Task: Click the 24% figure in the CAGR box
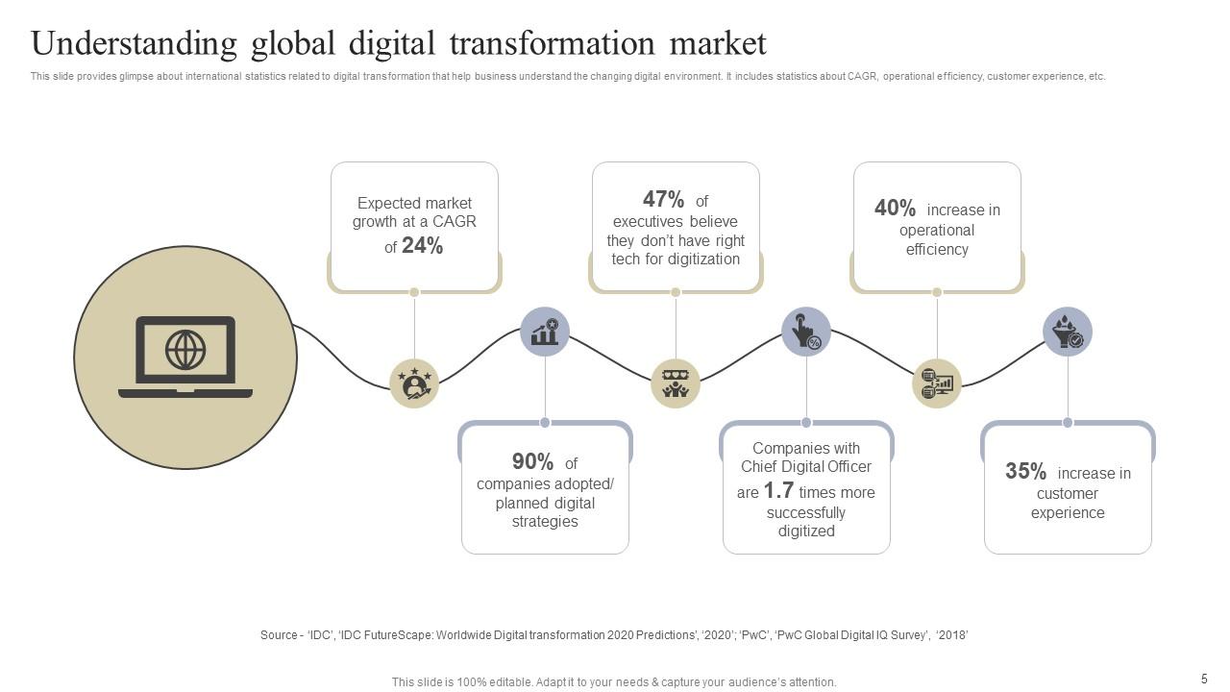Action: point(422,246)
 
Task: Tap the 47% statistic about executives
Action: point(663,200)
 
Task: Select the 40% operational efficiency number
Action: point(895,209)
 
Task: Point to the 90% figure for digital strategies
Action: point(532,462)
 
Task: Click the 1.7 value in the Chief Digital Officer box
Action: point(778,491)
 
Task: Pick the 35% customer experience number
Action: point(1025,472)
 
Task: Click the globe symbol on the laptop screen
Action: point(185,350)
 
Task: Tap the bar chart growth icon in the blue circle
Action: point(545,332)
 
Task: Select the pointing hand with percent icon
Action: point(805,332)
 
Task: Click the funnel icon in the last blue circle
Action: point(1067,332)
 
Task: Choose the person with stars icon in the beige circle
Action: point(414,383)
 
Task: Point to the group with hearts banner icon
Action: point(676,383)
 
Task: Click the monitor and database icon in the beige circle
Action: point(936,383)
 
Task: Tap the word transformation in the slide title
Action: point(554,43)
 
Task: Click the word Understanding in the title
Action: point(134,44)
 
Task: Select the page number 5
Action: point(1204,679)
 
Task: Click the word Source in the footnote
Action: point(279,635)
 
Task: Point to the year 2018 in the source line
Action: point(953,635)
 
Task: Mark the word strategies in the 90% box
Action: point(544,522)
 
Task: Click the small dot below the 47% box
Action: point(676,292)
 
